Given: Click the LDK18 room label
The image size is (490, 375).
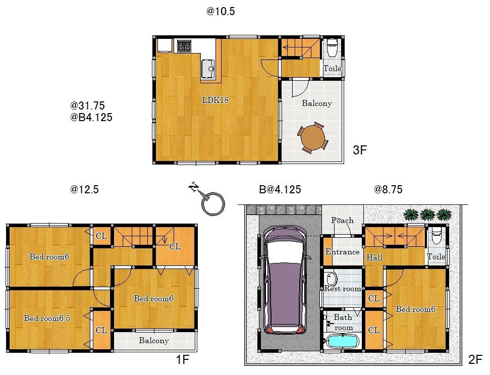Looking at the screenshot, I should (216, 100).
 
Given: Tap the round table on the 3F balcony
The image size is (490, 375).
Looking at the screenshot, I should (312, 136).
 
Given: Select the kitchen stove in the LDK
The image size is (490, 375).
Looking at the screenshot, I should (183, 46).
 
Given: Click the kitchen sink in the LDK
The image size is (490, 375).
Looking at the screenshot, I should (208, 69).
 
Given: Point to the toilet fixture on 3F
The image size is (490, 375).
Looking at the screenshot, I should (332, 49).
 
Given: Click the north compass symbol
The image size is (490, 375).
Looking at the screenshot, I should (209, 202).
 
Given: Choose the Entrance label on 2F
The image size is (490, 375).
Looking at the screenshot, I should (342, 252).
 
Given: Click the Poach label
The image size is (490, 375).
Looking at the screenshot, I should (342, 221).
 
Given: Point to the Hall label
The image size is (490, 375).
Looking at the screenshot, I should (374, 257).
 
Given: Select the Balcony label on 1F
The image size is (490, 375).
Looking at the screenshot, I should (154, 341).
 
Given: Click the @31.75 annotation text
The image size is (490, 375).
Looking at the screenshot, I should (87, 106).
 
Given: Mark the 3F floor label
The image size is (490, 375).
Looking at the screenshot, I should (359, 150).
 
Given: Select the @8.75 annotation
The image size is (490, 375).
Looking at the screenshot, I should (388, 190).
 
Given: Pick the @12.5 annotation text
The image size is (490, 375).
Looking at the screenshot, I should (84, 190).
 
